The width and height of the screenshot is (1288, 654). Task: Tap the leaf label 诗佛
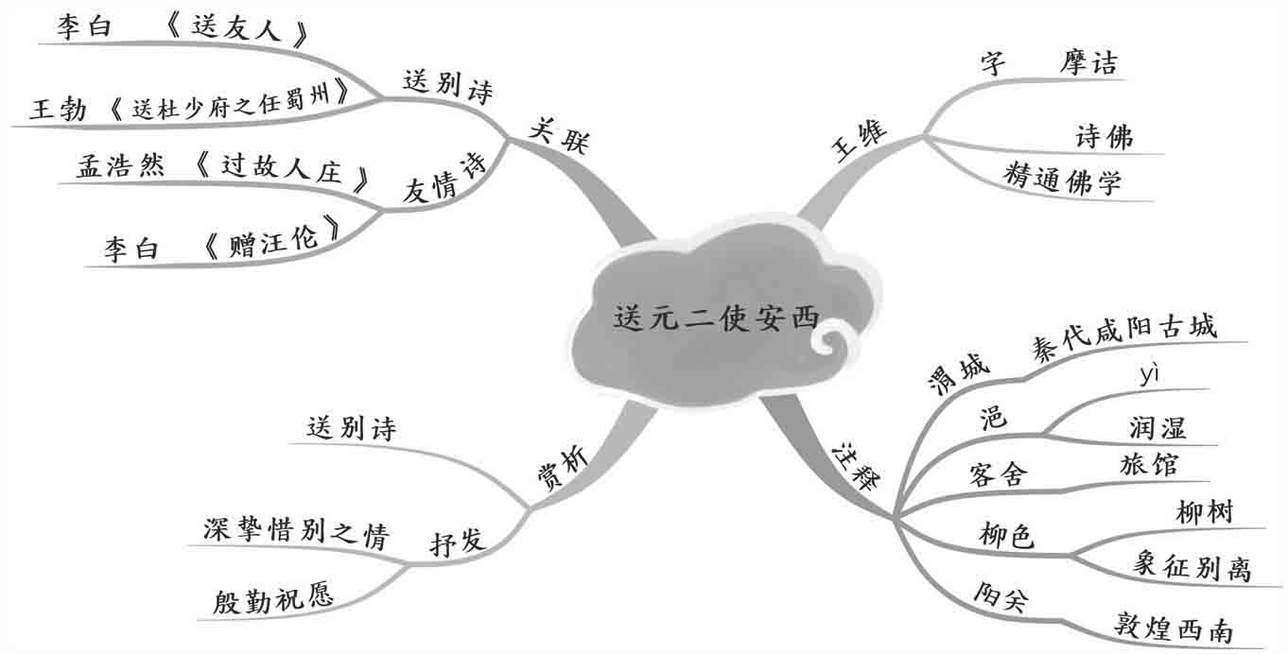point(1104,137)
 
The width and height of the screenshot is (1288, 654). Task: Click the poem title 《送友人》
point(235,29)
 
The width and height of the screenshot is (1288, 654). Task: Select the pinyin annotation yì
point(1149,375)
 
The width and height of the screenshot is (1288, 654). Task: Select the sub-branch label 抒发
point(458,542)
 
